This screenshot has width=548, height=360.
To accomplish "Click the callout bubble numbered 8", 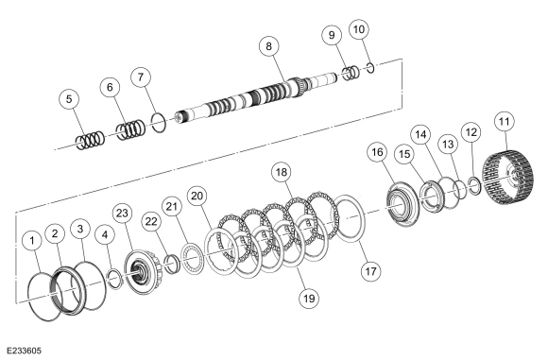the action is (x=268, y=46).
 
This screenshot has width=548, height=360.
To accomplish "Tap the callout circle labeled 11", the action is (x=505, y=122).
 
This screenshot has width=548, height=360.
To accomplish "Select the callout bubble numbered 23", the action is (x=122, y=214).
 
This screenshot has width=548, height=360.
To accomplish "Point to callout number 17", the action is (x=370, y=271).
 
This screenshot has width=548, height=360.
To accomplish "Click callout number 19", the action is (x=309, y=299).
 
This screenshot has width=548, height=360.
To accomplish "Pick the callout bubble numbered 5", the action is (x=69, y=99).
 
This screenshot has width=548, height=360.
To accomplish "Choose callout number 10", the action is (x=359, y=29).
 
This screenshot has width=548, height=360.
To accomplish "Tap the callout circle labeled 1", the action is (x=32, y=241).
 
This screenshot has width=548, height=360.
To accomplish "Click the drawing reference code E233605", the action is (x=24, y=351).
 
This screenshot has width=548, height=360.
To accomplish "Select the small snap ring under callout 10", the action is (x=371, y=68).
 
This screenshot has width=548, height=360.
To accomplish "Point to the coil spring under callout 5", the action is (x=90, y=141).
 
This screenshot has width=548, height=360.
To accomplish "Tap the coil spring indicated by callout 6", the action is (x=130, y=129).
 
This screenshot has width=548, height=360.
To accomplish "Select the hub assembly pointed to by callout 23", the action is (x=143, y=272).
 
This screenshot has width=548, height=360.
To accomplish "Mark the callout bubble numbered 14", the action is (x=421, y=134).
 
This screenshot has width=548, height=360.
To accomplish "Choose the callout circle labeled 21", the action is (x=172, y=207).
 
